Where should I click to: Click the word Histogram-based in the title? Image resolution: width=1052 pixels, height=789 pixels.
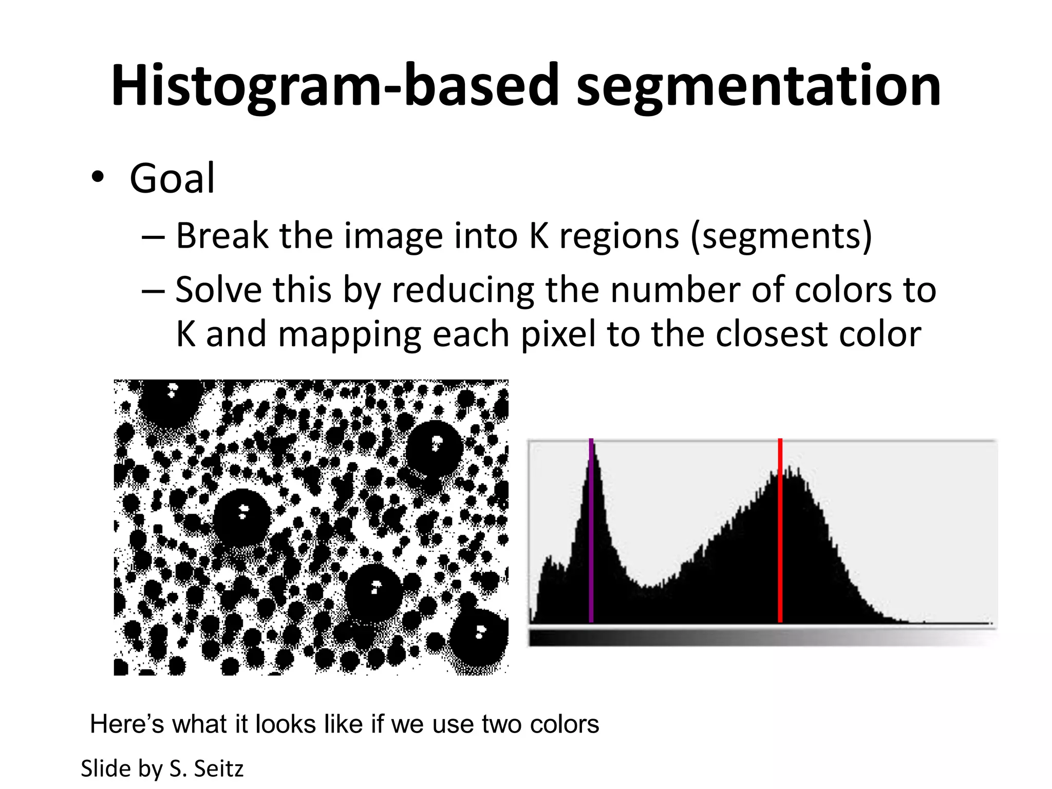[x=334, y=86]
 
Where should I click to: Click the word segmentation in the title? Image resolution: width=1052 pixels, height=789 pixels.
[x=758, y=86]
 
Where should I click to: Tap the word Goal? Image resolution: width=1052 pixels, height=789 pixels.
[x=172, y=178]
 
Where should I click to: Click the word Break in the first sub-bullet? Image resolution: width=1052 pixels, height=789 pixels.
[x=222, y=236]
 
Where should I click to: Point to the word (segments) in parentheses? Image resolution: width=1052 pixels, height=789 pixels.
[x=781, y=236]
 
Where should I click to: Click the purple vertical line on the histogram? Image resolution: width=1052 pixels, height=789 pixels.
[x=591, y=534]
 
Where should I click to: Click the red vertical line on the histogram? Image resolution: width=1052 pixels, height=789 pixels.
[x=780, y=534]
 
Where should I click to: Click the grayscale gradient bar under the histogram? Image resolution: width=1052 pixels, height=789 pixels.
[x=762, y=637]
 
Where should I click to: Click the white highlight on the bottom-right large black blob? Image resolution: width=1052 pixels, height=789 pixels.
[x=480, y=631]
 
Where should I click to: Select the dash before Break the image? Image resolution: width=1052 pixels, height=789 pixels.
[x=153, y=237]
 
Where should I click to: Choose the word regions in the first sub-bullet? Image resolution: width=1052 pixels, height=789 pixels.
[x=619, y=236]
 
